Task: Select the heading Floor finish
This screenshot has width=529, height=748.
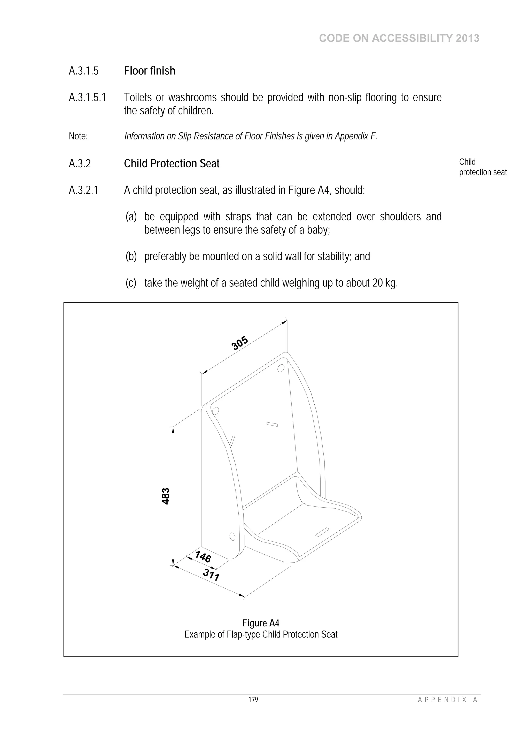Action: (x=150, y=71)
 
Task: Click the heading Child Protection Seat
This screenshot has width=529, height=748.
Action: (x=172, y=163)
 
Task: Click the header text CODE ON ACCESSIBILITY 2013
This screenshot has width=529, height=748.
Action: (x=399, y=38)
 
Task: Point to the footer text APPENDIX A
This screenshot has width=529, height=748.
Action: (x=448, y=709)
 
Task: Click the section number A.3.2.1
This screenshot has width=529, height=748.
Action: (x=83, y=190)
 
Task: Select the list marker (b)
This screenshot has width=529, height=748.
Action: (x=131, y=256)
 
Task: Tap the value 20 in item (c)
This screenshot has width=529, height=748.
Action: (x=377, y=283)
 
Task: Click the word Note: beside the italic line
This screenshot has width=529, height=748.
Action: (x=78, y=136)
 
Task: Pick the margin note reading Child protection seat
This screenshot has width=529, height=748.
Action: (x=483, y=167)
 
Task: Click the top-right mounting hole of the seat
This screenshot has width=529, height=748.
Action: (x=280, y=368)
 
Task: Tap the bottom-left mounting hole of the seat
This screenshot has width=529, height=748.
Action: (x=232, y=536)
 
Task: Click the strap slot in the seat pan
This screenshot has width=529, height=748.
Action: (x=322, y=532)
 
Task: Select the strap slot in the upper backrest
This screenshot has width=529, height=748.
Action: (x=272, y=424)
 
